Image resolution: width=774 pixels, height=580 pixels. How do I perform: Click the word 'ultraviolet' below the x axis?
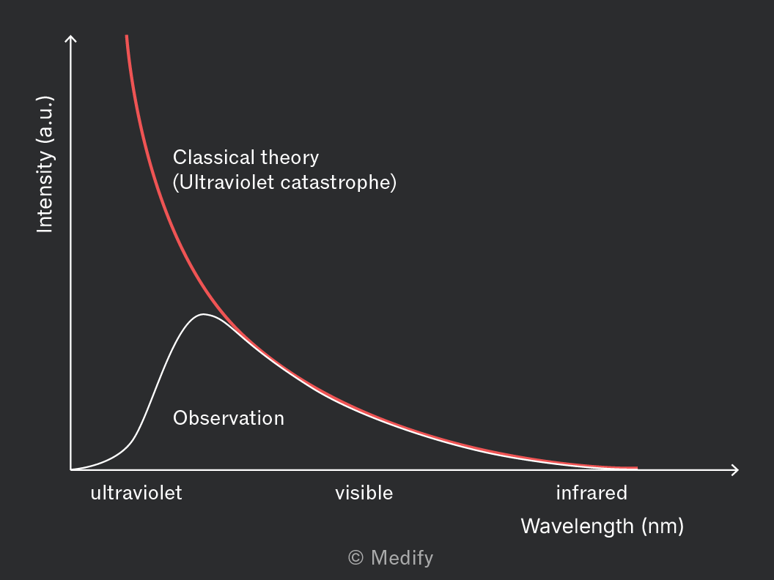(136, 493)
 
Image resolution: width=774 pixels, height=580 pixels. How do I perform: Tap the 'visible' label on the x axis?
(364, 493)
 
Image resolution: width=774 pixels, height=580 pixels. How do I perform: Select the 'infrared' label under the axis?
(591, 493)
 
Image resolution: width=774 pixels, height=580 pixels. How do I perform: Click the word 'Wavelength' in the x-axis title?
(577, 527)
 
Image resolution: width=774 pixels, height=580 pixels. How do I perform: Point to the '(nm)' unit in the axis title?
(663, 527)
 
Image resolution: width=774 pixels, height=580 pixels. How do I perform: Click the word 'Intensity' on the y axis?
(45, 192)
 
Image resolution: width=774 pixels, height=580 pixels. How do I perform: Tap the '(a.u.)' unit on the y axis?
(45, 120)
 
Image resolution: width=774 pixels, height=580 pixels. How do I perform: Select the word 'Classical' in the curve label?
(213, 157)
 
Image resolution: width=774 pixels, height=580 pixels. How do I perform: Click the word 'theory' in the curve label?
(290, 158)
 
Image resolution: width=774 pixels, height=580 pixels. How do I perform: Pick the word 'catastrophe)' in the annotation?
(338, 182)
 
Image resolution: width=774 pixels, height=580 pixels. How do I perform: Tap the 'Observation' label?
(229, 418)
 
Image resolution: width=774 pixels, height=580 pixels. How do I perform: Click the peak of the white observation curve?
(203, 314)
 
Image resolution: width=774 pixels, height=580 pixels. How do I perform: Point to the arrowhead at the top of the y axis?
(71, 37)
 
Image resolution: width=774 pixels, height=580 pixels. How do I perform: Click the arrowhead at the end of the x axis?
(736, 470)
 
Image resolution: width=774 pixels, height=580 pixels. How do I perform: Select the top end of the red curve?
(127, 36)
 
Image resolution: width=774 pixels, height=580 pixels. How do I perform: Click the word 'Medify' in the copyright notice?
(402, 558)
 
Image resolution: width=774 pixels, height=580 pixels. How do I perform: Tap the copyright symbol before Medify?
(356, 558)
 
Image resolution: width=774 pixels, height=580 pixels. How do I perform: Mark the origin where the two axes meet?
(71, 470)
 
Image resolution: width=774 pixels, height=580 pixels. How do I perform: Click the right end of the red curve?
(637, 467)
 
